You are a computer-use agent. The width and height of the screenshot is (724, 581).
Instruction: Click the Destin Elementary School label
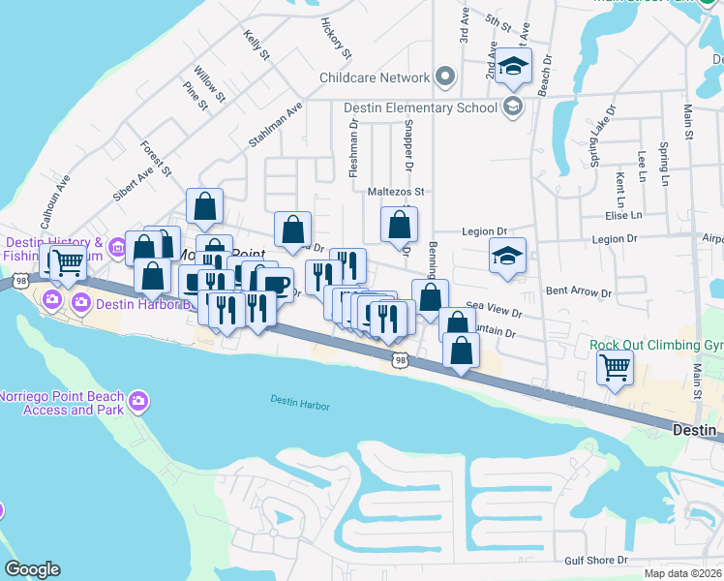[421, 107]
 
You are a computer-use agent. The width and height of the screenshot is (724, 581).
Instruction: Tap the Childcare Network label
[375, 77]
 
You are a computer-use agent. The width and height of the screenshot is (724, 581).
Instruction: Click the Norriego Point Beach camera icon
[138, 400]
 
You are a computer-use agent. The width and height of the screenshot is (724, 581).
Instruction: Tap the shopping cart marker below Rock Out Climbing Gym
[615, 369]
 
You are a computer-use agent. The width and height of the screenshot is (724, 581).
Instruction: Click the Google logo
[31, 569]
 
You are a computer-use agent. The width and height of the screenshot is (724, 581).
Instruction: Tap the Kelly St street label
[256, 46]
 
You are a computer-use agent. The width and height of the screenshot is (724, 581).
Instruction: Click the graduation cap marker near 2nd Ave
[515, 67]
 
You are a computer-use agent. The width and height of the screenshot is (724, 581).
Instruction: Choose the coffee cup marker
[275, 284]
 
